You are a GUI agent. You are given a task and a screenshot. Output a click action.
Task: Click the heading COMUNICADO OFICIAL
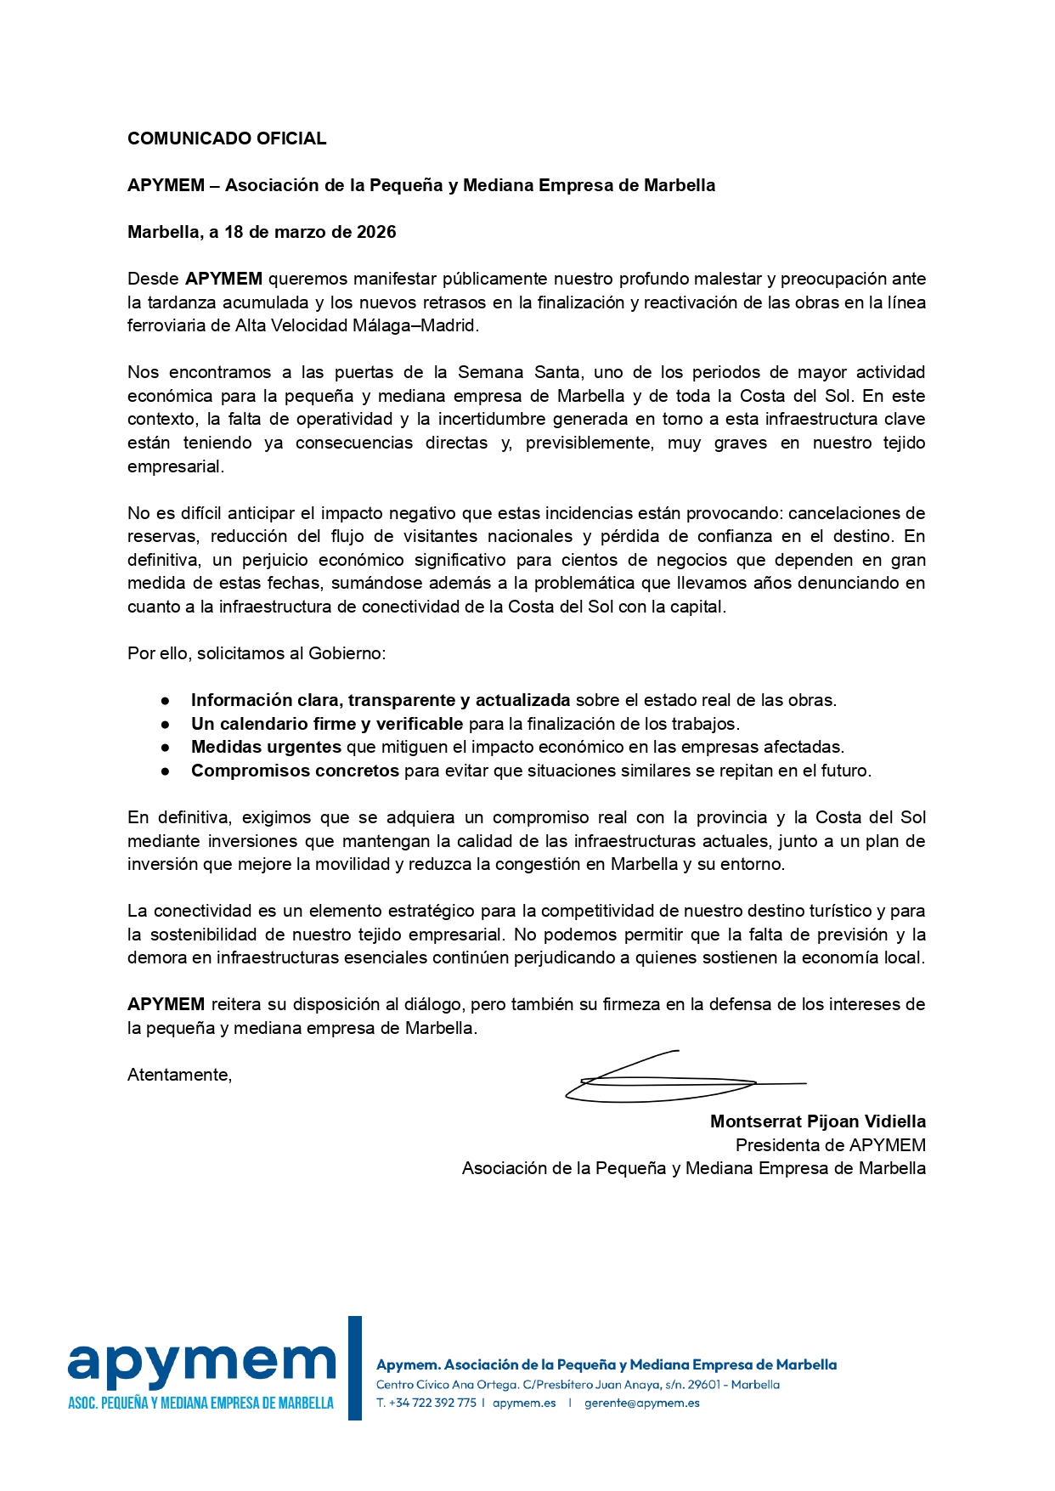(227, 138)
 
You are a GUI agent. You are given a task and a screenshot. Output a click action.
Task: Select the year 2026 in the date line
(376, 232)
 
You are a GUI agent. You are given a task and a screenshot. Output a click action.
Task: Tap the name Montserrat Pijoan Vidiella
(817, 1121)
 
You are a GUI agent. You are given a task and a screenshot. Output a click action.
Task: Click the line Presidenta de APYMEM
(830, 1145)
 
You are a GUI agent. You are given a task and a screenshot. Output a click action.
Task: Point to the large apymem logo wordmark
(202, 1362)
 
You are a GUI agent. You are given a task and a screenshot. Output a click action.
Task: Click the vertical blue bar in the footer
(355, 1367)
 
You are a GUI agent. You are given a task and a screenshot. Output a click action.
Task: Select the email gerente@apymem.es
(641, 1403)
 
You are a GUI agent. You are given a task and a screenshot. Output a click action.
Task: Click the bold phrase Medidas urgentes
(266, 747)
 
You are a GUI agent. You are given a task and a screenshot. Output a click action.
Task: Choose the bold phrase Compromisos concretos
(295, 771)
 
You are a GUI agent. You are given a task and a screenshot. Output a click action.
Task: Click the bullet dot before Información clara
(166, 701)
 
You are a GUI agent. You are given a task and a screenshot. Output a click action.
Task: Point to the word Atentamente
(179, 1075)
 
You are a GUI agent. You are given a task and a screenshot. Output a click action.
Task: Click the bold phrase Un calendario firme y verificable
(327, 724)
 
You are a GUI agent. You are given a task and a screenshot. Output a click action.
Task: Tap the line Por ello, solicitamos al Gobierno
(257, 653)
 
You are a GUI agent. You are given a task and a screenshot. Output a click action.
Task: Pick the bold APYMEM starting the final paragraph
(166, 1004)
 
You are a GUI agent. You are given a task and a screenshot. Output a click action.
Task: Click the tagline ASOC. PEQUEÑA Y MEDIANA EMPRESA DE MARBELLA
(200, 1403)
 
